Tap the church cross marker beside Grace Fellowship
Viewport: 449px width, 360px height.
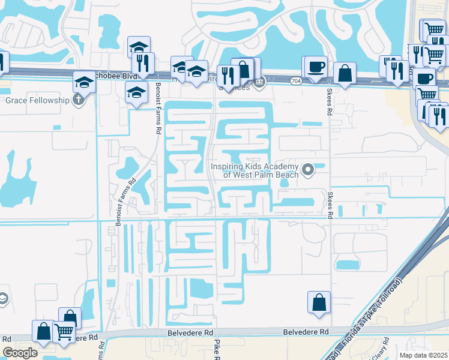[x=79, y=100]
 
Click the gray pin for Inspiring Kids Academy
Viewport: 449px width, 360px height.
[x=308, y=170]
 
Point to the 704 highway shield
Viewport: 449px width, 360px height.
[x=296, y=79]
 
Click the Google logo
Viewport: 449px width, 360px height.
[x=20, y=352]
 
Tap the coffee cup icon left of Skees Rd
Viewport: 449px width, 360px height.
[x=315, y=66]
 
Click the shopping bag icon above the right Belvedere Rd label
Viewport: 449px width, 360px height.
[x=319, y=302]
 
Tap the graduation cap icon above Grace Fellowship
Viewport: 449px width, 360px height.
[x=84, y=82]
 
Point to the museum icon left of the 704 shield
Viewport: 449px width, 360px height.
[x=259, y=83]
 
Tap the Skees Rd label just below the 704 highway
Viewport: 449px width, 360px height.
[x=329, y=102]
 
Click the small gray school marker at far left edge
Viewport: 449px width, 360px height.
[x=3, y=299]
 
